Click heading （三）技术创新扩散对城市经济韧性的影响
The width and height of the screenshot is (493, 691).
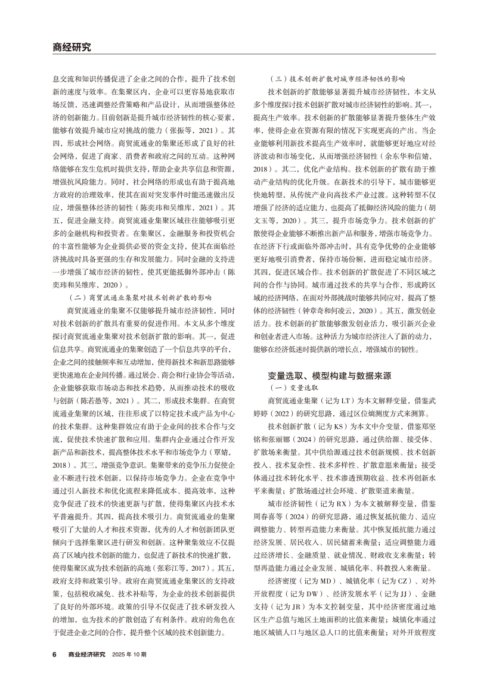click(x=337, y=77)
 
